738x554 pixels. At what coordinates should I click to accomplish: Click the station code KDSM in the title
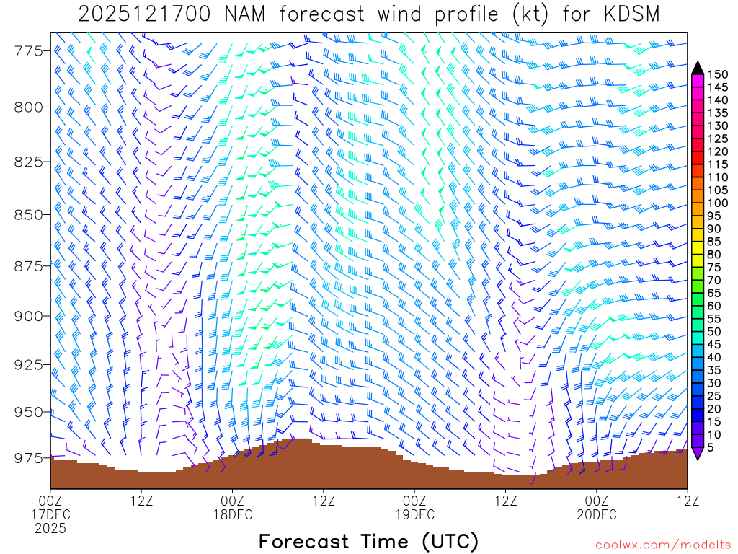[x=627, y=14]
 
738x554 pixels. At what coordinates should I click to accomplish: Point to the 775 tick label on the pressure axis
[x=30, y=50]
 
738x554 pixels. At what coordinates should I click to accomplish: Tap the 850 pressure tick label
[x=30, y=214]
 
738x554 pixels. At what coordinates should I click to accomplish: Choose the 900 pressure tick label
[x=30, y=316]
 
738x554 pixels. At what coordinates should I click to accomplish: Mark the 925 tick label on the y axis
[x=30, y=363]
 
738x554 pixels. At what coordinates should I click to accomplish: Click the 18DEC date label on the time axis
[x=232, y=514]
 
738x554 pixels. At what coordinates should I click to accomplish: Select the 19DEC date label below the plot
[x=414, y=514]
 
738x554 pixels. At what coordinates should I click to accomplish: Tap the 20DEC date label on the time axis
[x=597, y=514]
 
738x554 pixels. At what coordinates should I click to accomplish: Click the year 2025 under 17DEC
[x=50, y=528]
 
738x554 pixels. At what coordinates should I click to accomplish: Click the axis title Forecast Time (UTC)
[x=368, y=541]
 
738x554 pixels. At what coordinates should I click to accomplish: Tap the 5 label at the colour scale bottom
[x=713, y=447]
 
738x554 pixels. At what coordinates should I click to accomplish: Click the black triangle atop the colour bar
[x=698, y=67]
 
